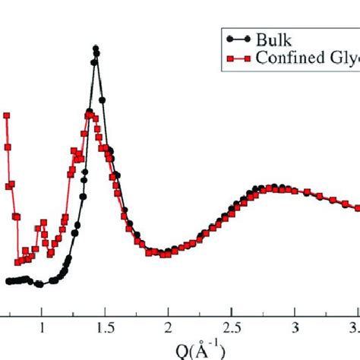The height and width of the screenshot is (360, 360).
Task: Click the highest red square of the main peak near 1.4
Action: (x=89, y=114)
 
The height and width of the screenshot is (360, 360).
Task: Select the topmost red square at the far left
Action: (x=7, y=115)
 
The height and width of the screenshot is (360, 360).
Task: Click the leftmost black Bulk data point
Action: (x=8, y=281)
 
